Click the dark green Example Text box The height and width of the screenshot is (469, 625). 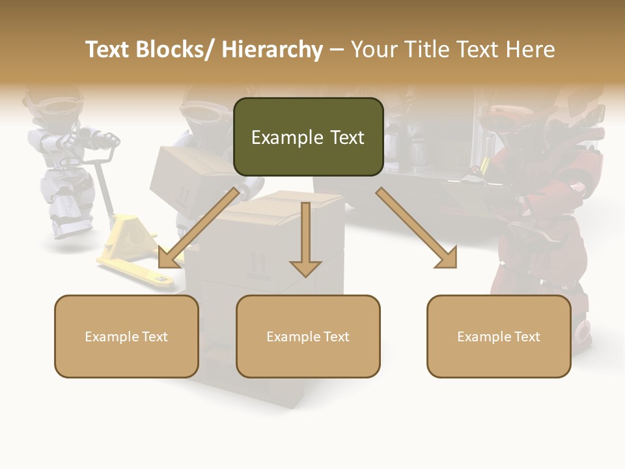pyautogui.click(x=308, y=137)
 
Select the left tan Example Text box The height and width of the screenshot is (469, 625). pyautogui.click(x=126, y=336)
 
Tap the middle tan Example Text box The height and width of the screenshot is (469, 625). pyautogui.click(x=308, y=336)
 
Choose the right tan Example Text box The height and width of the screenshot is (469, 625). pyautogui.click(x=499, y=336)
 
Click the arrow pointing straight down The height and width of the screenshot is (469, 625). pyautogui.click(x=305, y=241)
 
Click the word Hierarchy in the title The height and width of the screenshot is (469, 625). pyautogui.click(x=272, y=50)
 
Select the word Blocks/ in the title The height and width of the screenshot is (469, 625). pyautogui.click(x=175, y=50)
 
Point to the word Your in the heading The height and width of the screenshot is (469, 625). pyautogui.click(x=372, y=50)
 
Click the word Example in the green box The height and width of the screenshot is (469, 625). pyautogui.click(x=278, y=137)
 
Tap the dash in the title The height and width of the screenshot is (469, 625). pyautogui.click(x=336, y=50)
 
